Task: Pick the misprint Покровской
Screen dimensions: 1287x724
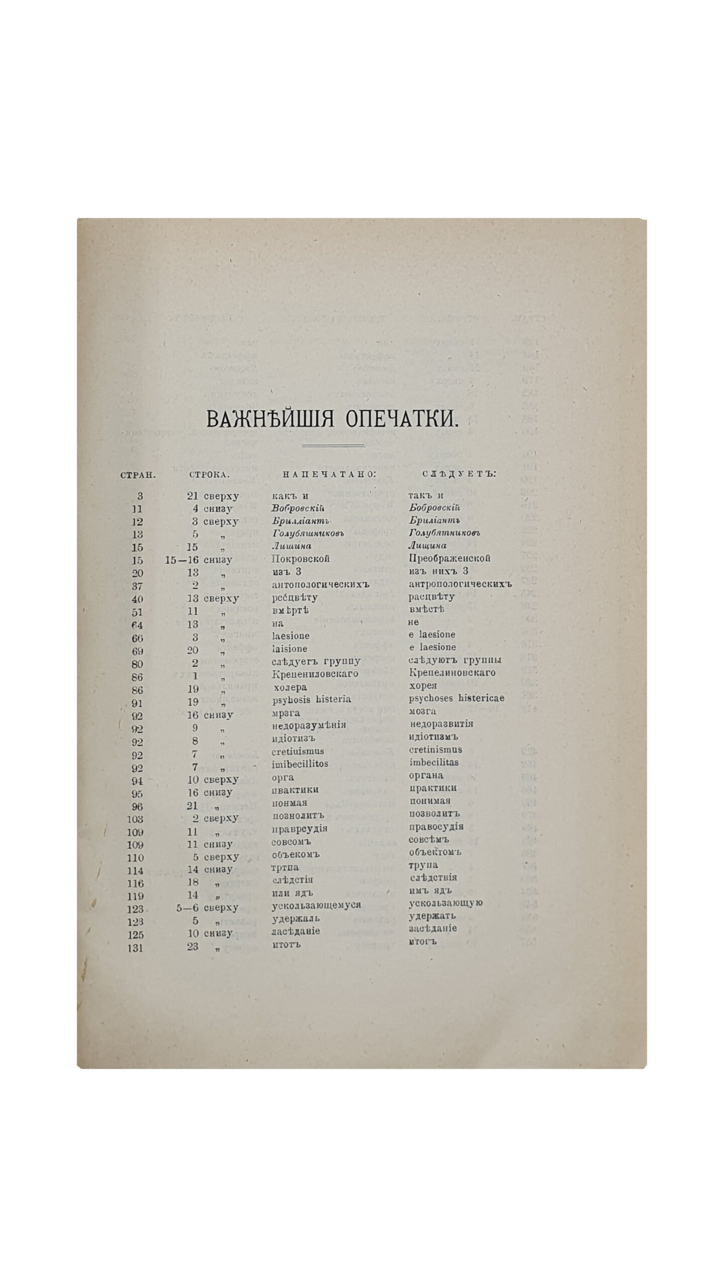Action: [300, 559]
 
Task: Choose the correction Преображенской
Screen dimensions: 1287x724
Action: [450, 558]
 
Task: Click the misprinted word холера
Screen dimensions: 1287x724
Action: [289, 687]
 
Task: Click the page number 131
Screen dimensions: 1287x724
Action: [135, 949]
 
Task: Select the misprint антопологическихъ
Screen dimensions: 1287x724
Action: [320, 584]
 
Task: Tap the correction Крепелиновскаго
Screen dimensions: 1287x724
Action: [452, 672]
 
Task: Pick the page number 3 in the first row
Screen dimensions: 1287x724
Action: [140, 496]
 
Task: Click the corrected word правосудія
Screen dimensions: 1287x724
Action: [436, 828]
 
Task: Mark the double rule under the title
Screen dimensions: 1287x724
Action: [332, 445]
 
